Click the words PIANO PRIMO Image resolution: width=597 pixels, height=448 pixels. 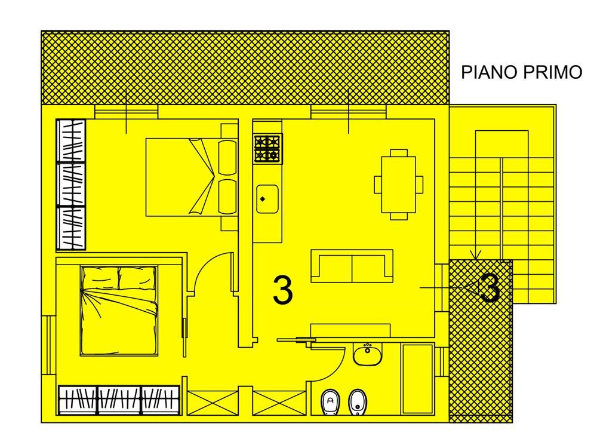pyautogui.click(x=522, y=72)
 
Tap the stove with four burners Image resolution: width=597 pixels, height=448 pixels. pyautogui.click(x=268, y=149)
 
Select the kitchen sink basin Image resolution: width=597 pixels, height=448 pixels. pyautogui.click(x=267, y=200)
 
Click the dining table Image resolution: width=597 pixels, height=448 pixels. pyautogui.click(x=399, y=185)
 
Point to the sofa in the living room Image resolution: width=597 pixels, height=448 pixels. pyautogui.click(x=352, y=266)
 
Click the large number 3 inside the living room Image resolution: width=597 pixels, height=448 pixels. pyautogui.click(x=283, y=290)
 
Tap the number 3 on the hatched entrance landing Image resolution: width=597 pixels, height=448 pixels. pyautogui.click(x=490, y=289)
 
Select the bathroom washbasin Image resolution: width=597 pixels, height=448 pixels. pyautogui.click(x=367, y=355)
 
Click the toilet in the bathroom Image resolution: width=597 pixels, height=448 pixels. pyautogui.click(x=330, y=402)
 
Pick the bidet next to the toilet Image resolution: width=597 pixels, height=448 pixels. pyautogui.click(x=358, y=402)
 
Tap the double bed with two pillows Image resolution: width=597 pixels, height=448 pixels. pyautogui.click(x=119, y=311)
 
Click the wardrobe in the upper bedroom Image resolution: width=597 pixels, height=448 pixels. pyautogui.click(x=71, y=185)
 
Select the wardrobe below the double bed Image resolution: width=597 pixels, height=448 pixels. pyautogui.click(x=119, y=400)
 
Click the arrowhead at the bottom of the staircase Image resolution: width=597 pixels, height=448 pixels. pyautogui.click(x=476, y=254)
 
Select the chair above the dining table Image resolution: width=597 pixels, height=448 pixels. pyautogui.click(x=399, y=153)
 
